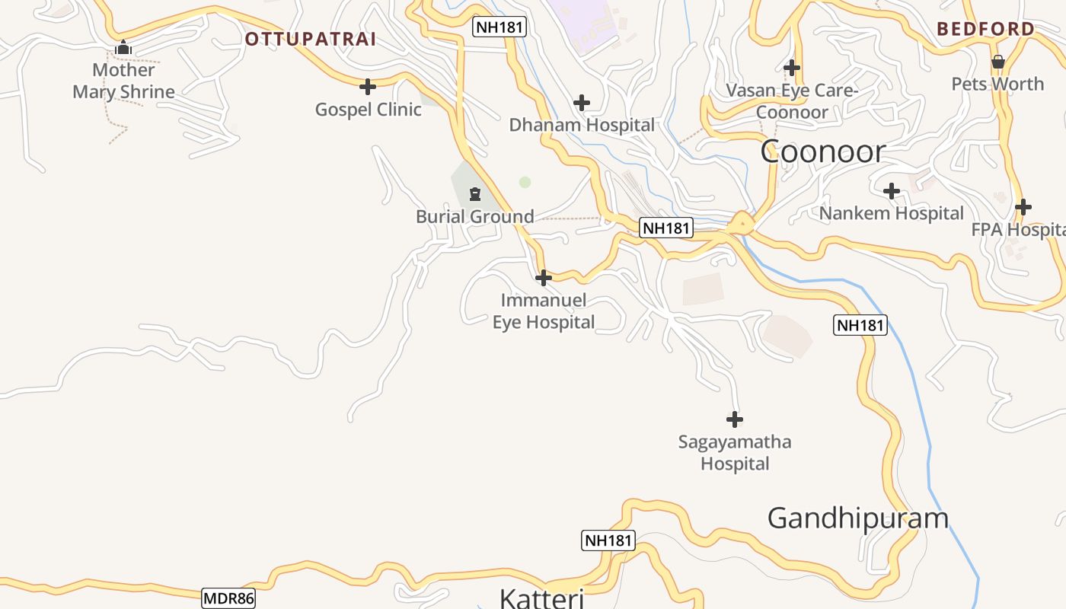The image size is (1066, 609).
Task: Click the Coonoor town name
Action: coord(823,151)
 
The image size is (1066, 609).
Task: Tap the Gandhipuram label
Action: coord(858,518)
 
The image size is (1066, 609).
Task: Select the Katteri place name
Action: coord(541,598)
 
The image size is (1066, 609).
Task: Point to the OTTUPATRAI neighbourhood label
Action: coord(311,39)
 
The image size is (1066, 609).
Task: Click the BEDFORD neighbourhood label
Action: coord(985,30)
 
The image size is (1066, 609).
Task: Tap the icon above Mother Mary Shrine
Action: coord(123,48)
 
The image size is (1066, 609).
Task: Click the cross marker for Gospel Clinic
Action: coord(368,87)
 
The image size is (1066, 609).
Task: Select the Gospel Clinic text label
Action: coord(368,110)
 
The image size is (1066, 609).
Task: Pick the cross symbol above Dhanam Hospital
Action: coord(582,103)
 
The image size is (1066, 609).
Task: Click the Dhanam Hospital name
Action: coord(582,125)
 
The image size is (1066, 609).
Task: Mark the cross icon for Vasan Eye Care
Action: coord(792,68)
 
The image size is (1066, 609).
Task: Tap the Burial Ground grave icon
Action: coord(475,194)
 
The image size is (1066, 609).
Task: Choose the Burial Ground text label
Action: coord(475,217)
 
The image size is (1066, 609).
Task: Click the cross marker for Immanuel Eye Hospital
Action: coord(543,278)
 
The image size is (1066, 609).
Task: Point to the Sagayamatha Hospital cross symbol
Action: coord(735,419)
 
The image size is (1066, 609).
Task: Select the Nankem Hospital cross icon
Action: coord(892,191)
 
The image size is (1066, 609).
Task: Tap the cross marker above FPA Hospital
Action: coord(1023,207)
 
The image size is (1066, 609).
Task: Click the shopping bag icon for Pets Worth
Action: coord(997,62)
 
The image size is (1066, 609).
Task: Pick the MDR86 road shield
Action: coord(228,598)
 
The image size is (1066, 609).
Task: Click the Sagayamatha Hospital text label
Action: coord(735,453)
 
